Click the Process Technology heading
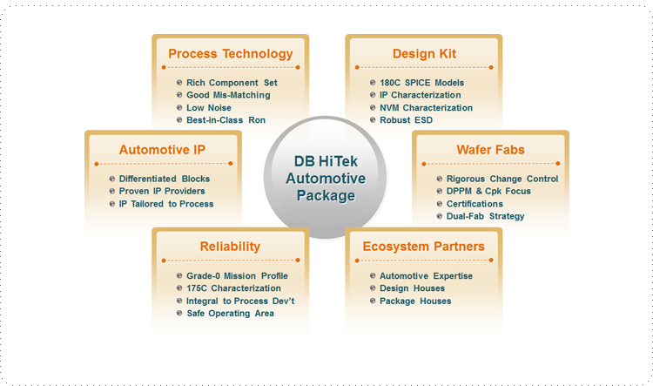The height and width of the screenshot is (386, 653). click(x=231, y=54)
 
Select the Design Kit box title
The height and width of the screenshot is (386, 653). click(x=424, y=54)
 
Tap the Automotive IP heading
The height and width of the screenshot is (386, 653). click(x=162, y=150)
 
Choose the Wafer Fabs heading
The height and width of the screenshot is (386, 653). click(x=490, y=150)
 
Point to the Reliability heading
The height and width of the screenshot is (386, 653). click(x=230, y=247)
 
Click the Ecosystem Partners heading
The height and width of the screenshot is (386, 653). click(x=423, y=247)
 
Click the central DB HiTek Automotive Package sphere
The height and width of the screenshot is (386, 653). click(x=326, y=178)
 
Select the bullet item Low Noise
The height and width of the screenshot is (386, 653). click(x=209, y=107)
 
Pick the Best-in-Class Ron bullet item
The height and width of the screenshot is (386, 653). click(x=226, y=120)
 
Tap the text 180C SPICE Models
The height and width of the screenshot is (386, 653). click(x=422, y=83)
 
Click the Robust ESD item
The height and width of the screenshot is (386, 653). click(x=406, y=120)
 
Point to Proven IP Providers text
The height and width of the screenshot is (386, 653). click(x=162, y=191)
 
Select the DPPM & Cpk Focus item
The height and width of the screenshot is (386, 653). click(x=488, y=191)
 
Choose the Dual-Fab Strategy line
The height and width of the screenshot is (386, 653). click(x=485, y=216)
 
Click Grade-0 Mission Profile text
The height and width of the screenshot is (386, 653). click(x=237, y=276)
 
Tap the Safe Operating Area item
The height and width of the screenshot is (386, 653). click(x=231, y=314)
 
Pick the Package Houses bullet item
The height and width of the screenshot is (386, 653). click(x=415, y=301)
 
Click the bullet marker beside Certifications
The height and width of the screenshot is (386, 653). click(x=440, y=204)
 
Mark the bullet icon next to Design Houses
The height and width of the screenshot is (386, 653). click(x=373, y=288)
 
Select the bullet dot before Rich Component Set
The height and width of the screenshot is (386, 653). click(x=179, y=83)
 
